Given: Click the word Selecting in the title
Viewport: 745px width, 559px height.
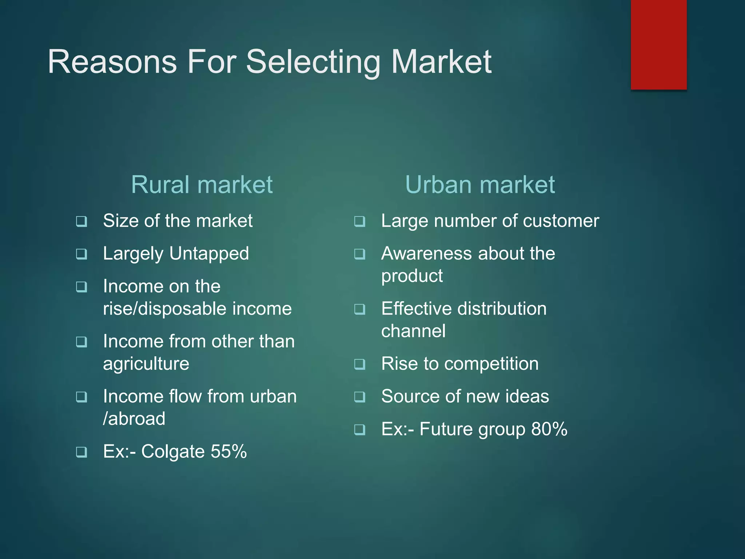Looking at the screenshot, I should pyautogui.click(x=312, y=63).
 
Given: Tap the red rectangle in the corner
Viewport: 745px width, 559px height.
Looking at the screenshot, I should pyautogui.click(x=658, y=44).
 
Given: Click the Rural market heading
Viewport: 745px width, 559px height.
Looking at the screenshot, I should pyautogui.click(x=202, y=185).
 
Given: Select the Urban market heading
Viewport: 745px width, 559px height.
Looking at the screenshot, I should pyautogui.click(x=480, y=185).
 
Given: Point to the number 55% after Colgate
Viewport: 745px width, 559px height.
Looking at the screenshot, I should pyautogui.click(x=228, y=451).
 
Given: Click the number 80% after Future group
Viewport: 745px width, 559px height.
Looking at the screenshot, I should pyautogui.click(x=549, y=429).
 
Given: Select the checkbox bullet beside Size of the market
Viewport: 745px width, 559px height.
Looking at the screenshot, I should pyautogui.click(x=81, y=221).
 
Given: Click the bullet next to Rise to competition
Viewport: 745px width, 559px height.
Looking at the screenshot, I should pyautogui.click(x=360, y=364).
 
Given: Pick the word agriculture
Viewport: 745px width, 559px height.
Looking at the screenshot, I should pyautogui.click(x=146, y=364).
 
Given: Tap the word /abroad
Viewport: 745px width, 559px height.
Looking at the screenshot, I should pyautogui.click(x=134, y=419).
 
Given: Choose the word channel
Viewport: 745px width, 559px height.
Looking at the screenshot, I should pyautogui.click(x=413, y=331).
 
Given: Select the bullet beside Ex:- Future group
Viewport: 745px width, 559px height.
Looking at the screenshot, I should pyautogui.click(x=360, y=430).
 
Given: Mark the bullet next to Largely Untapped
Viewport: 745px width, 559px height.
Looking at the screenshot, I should pyautogui.click(x=81, y=254).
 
